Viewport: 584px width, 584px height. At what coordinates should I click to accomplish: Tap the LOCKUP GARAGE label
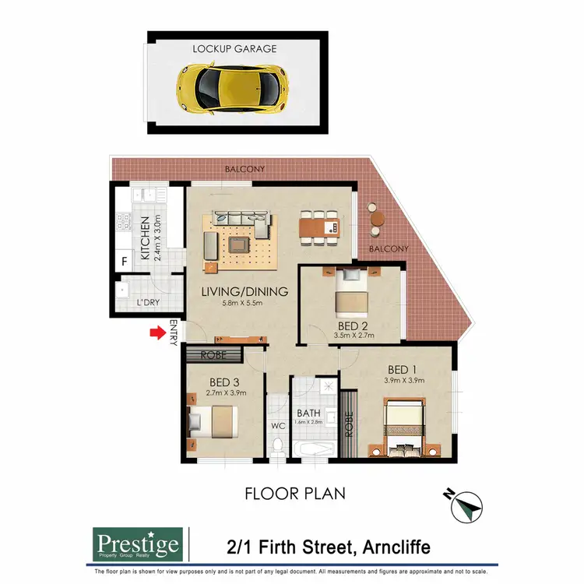(x=234, y=48)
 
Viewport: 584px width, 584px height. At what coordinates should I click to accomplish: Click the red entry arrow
(x=159, y=333)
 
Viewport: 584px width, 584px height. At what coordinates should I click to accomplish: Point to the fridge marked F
(x=124, y=262)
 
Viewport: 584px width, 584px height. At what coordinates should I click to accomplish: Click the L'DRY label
(x=149, y=302)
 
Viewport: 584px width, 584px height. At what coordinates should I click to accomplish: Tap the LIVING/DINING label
(x=244, y=292)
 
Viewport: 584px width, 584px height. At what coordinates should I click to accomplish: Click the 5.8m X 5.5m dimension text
(x=244, y=304)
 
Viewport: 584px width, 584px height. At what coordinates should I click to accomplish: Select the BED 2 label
(x=353, y=325)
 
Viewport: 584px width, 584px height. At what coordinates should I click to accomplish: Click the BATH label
(x=308, y=413)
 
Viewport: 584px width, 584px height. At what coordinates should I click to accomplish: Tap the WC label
(x=278, y=426)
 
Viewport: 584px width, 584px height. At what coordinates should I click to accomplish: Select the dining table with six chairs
(x=319, y=227)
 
